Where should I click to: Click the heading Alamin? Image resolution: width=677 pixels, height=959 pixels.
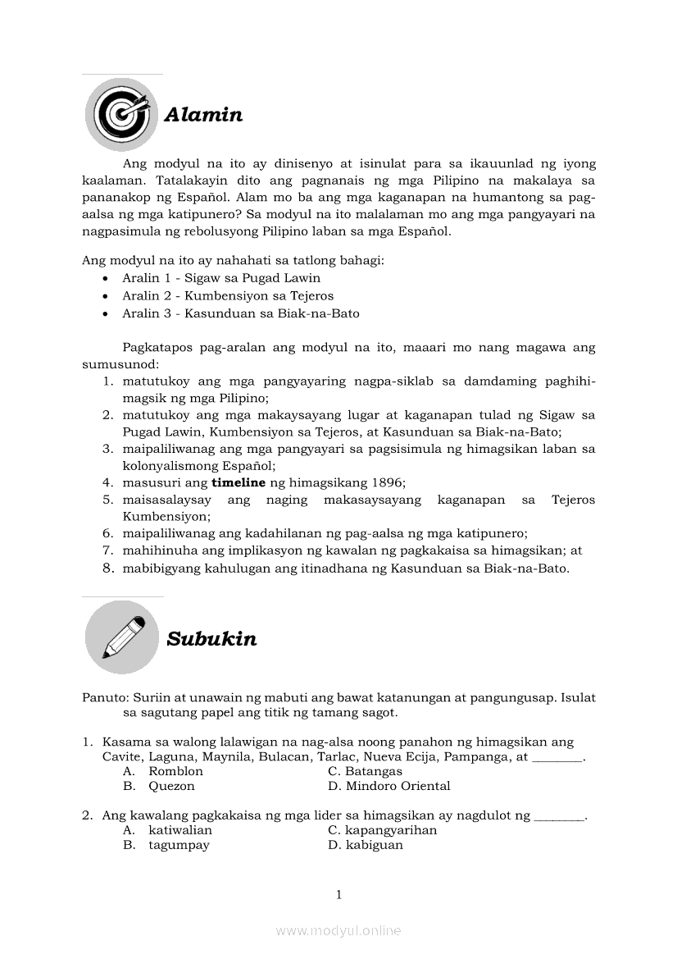click(203, 115)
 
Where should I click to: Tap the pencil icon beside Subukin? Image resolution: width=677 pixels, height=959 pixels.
click(122, 637)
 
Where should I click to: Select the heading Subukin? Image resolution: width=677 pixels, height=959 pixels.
click(211, 639)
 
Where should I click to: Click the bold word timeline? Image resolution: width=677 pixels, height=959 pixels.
click(240, 482)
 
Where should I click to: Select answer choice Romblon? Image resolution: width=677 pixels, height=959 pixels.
click(175, 771)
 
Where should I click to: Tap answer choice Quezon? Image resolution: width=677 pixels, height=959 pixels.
click(171, 786)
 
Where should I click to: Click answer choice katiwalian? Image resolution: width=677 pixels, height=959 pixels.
click(179, 830)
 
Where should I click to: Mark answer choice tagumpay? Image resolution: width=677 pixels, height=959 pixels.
click(179, 845)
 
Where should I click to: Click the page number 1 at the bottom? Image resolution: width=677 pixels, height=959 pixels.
click(338, 895)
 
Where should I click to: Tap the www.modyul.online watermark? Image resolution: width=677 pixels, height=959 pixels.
click(338, 930)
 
